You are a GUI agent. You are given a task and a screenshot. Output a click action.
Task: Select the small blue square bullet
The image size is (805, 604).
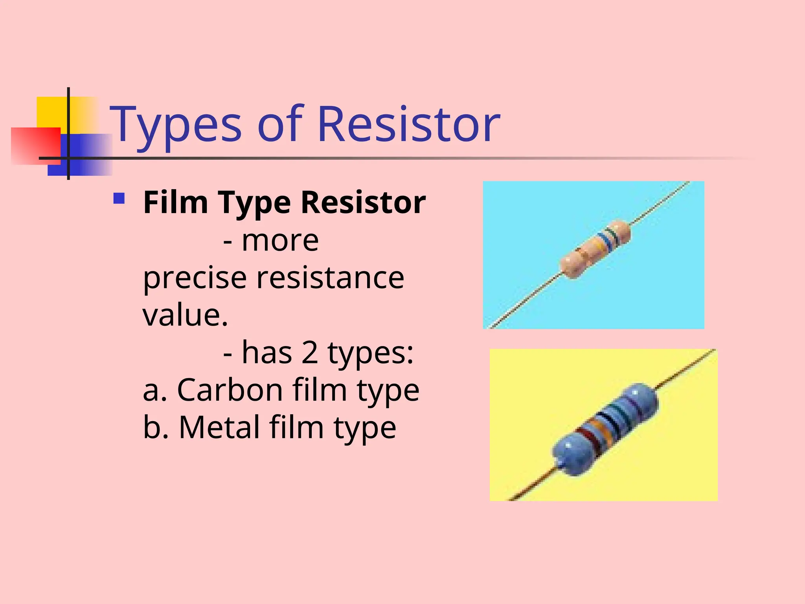(119, 198)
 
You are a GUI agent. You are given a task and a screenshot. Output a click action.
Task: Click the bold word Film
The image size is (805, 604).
(175, 202)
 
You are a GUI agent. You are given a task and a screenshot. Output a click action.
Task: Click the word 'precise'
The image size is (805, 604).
(195, 278)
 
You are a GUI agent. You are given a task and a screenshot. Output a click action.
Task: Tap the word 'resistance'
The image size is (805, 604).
(330, 278)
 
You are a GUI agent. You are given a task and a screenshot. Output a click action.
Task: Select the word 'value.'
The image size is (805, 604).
(185, 315)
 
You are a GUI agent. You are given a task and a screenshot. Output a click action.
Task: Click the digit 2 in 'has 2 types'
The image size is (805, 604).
(309, 352)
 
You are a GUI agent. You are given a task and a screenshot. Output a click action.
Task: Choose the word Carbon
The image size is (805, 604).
(230, 390)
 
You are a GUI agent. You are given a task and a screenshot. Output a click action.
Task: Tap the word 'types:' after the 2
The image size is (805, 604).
(370, 353)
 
